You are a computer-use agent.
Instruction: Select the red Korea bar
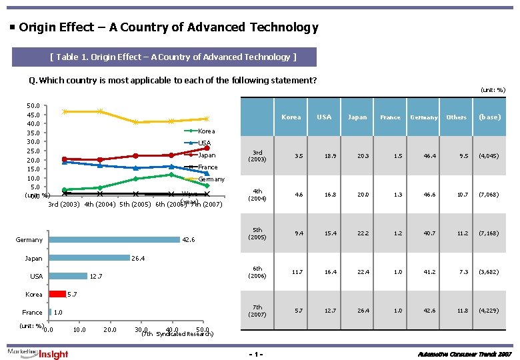[58, 294]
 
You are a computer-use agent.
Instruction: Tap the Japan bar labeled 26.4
[89, 258]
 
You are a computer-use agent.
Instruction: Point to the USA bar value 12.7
[96, 277]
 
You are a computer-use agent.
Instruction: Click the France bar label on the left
[32, 312]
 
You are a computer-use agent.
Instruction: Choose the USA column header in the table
[324, 117]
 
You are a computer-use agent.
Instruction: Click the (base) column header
[489, 117]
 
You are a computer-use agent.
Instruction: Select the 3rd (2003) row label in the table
[257, 156]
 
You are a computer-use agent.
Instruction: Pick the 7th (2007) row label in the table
[257, 311]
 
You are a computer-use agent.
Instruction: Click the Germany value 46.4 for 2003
[423, 156]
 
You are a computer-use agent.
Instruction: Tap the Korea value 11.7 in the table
[291, 272]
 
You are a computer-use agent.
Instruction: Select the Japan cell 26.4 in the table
[357, 311]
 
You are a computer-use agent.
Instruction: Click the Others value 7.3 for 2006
[457, 272]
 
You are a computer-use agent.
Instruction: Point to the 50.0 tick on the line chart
[32, 105]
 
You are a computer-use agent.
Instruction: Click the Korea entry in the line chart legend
[207, 131]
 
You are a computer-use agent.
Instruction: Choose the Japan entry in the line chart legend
[207, 155]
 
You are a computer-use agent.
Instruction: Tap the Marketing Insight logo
[38, 353]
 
